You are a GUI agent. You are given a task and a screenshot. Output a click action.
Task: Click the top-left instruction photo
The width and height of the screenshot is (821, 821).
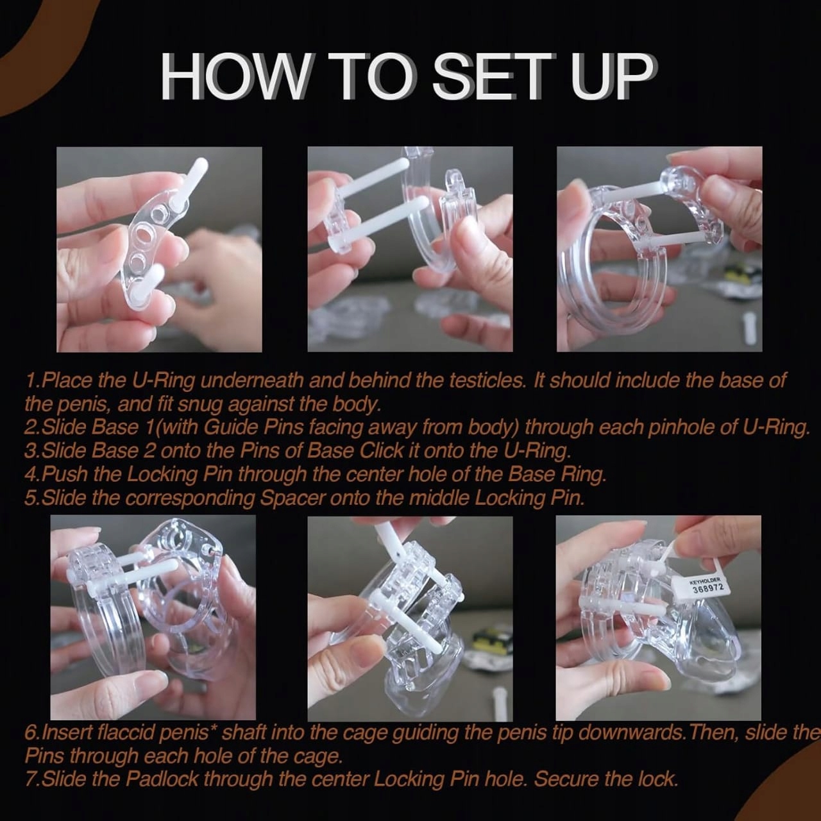159,250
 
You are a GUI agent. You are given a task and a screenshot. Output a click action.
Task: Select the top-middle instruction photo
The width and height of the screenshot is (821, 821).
410,250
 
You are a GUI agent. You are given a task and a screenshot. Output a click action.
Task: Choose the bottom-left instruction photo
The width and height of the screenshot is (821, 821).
153,618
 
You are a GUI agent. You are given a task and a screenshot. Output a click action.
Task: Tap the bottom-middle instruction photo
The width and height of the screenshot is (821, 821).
410,618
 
